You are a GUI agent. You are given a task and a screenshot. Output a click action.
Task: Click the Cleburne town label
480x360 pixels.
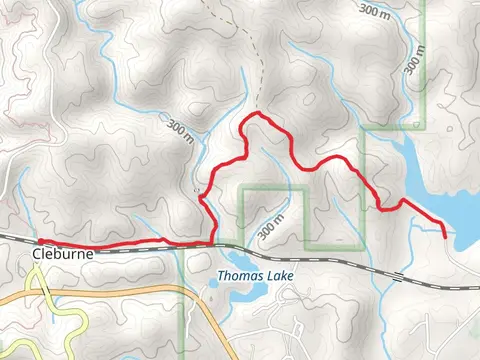pyautogui.click(x=62, y=255)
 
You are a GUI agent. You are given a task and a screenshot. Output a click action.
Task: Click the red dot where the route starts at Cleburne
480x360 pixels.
pyautogui.click(x=40, y=242)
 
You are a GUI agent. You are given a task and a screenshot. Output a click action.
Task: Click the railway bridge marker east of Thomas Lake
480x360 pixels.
pyautogui.click(x=397, y=273)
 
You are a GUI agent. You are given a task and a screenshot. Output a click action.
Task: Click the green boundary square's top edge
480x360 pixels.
pyautogui.click(x=273, y=187)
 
